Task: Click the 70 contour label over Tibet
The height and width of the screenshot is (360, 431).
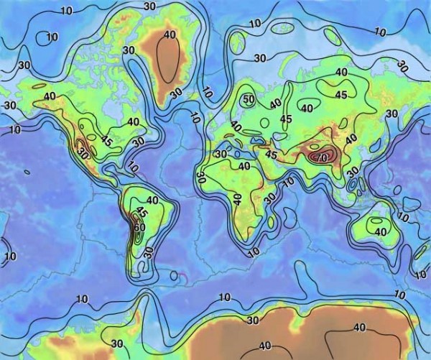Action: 321,157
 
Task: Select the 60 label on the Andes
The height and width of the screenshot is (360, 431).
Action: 139,228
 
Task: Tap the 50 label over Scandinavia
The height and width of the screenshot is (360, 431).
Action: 249,99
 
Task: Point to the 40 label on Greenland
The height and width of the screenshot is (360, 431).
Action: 170,34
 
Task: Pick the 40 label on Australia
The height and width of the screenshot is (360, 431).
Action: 380,231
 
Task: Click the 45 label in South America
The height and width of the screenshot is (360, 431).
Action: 142,213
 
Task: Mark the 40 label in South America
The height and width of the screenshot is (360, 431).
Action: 152,200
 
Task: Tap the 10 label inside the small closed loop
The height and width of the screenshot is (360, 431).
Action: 52,37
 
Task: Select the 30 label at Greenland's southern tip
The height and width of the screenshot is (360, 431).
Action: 175,93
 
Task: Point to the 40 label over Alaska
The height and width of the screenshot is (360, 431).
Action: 50,96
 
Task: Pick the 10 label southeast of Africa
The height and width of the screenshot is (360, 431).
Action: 253,253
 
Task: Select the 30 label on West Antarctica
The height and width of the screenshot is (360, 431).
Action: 117,343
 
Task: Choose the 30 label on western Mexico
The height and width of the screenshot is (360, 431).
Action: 83,153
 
